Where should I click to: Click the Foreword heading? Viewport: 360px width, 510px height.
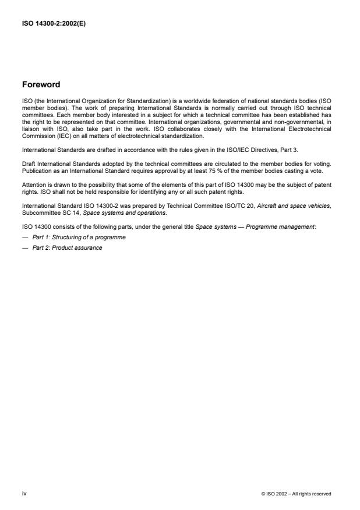[x=41, y=84]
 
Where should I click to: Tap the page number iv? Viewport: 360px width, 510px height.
[x=24, y=494]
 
